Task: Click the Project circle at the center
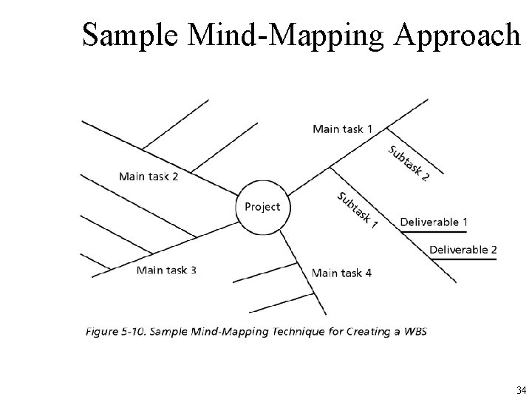click(262, 207)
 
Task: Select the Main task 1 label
click(342, 129)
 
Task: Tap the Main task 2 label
click(149, 177)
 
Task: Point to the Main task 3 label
click(166, 270)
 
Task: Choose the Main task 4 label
click(341, 273)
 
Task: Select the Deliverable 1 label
click(434, 222)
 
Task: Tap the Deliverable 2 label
click(463, 250)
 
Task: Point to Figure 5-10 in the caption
click(114, 331)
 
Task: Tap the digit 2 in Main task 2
click(174, 177)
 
